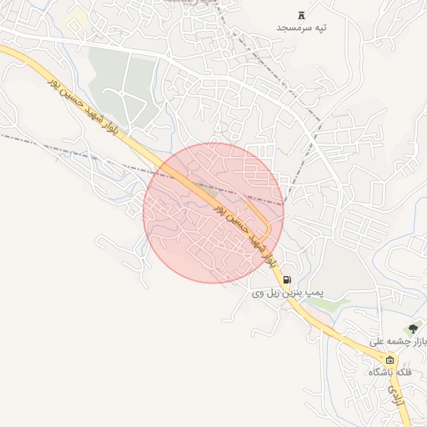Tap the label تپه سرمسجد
point(302,28)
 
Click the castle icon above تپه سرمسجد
point(302,14)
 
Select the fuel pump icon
point(287,280)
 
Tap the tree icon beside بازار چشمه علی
point(411,329)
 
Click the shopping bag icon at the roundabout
point(389,359)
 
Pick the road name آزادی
point(398,404)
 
